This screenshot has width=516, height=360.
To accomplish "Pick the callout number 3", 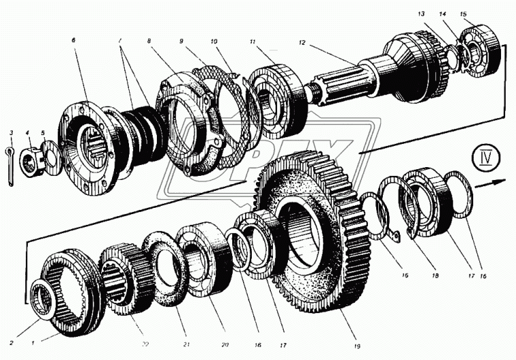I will pos(10,132).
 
